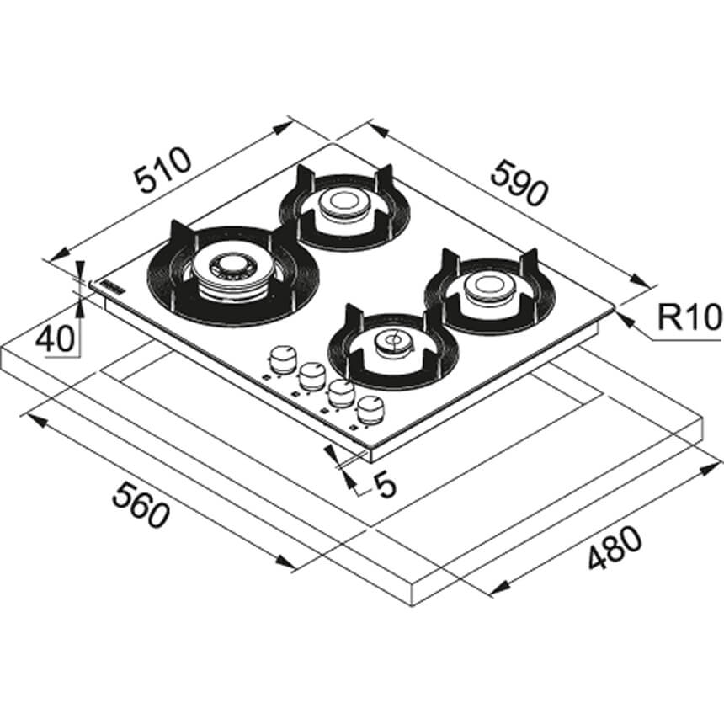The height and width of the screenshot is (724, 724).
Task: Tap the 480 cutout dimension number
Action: click(615, 548)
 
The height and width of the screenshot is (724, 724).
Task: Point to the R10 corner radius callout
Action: click(689, 317)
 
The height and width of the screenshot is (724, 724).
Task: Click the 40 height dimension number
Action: click(55, 338)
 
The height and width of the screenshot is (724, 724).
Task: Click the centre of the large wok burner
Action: click(227, 266)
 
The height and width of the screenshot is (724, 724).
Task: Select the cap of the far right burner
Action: click(489, 284)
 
